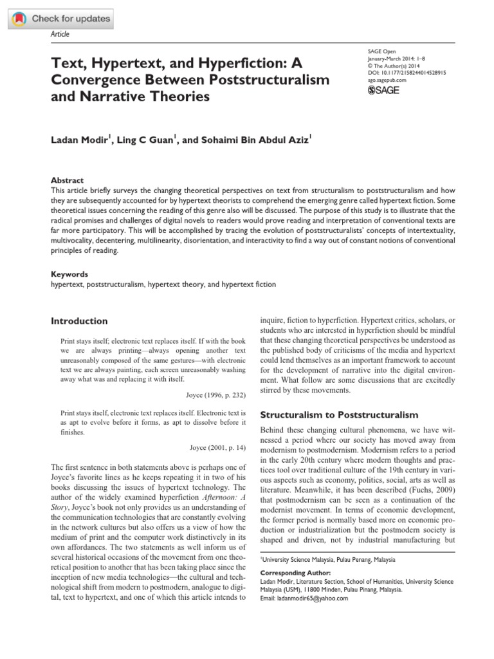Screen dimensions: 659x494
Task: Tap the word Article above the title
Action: [x=60, y=34]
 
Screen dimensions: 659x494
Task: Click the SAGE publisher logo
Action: [x=384, y=90]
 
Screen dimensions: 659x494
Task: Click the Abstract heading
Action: [x=67, y=181]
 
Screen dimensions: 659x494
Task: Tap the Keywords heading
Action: [x=69, y=274]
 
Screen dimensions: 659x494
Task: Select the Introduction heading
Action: [x=79, y=321]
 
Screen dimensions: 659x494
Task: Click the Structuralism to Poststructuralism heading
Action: [x=338, y=414]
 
